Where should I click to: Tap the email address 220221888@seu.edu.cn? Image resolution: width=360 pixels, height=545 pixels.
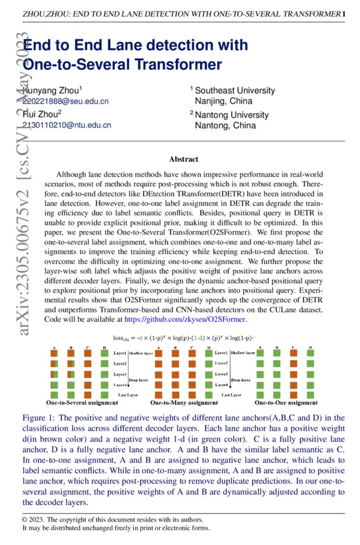[65, 101]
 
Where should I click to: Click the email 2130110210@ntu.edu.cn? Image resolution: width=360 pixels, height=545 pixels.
[67, 126]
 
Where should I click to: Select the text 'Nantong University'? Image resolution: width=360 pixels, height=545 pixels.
[232, 115]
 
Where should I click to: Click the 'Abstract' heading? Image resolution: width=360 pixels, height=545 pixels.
[183, 159]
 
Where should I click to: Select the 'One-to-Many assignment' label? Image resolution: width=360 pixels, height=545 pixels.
[183, 402]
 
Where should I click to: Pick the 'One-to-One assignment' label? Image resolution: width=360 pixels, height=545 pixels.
[286, 402]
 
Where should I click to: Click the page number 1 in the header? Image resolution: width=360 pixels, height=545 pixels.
[343, 13]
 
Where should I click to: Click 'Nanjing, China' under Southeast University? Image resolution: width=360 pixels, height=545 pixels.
[223, 101]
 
